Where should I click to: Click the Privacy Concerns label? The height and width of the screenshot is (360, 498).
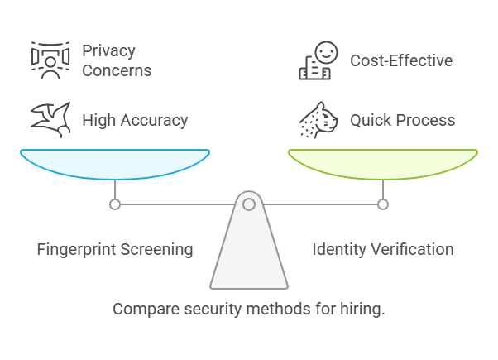[117, 60]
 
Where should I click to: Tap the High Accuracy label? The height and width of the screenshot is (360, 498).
[135, 120]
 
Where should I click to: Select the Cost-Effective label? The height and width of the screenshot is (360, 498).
[400, 60]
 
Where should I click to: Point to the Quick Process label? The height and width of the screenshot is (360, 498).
[402, 120]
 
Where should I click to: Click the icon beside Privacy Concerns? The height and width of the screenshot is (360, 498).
[50, 60]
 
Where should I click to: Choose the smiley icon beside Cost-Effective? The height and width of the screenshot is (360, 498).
[316, 61]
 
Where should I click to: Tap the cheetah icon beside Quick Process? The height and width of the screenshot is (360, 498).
[318, 119]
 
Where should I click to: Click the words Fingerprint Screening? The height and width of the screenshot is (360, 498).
[115, 249]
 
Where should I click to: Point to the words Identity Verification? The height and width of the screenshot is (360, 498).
[382, 249]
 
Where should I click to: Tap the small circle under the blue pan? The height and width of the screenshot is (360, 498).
[115, 204]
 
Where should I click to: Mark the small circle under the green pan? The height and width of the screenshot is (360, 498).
[383, 204]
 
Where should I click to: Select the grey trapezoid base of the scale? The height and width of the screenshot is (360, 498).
[249, 257]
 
